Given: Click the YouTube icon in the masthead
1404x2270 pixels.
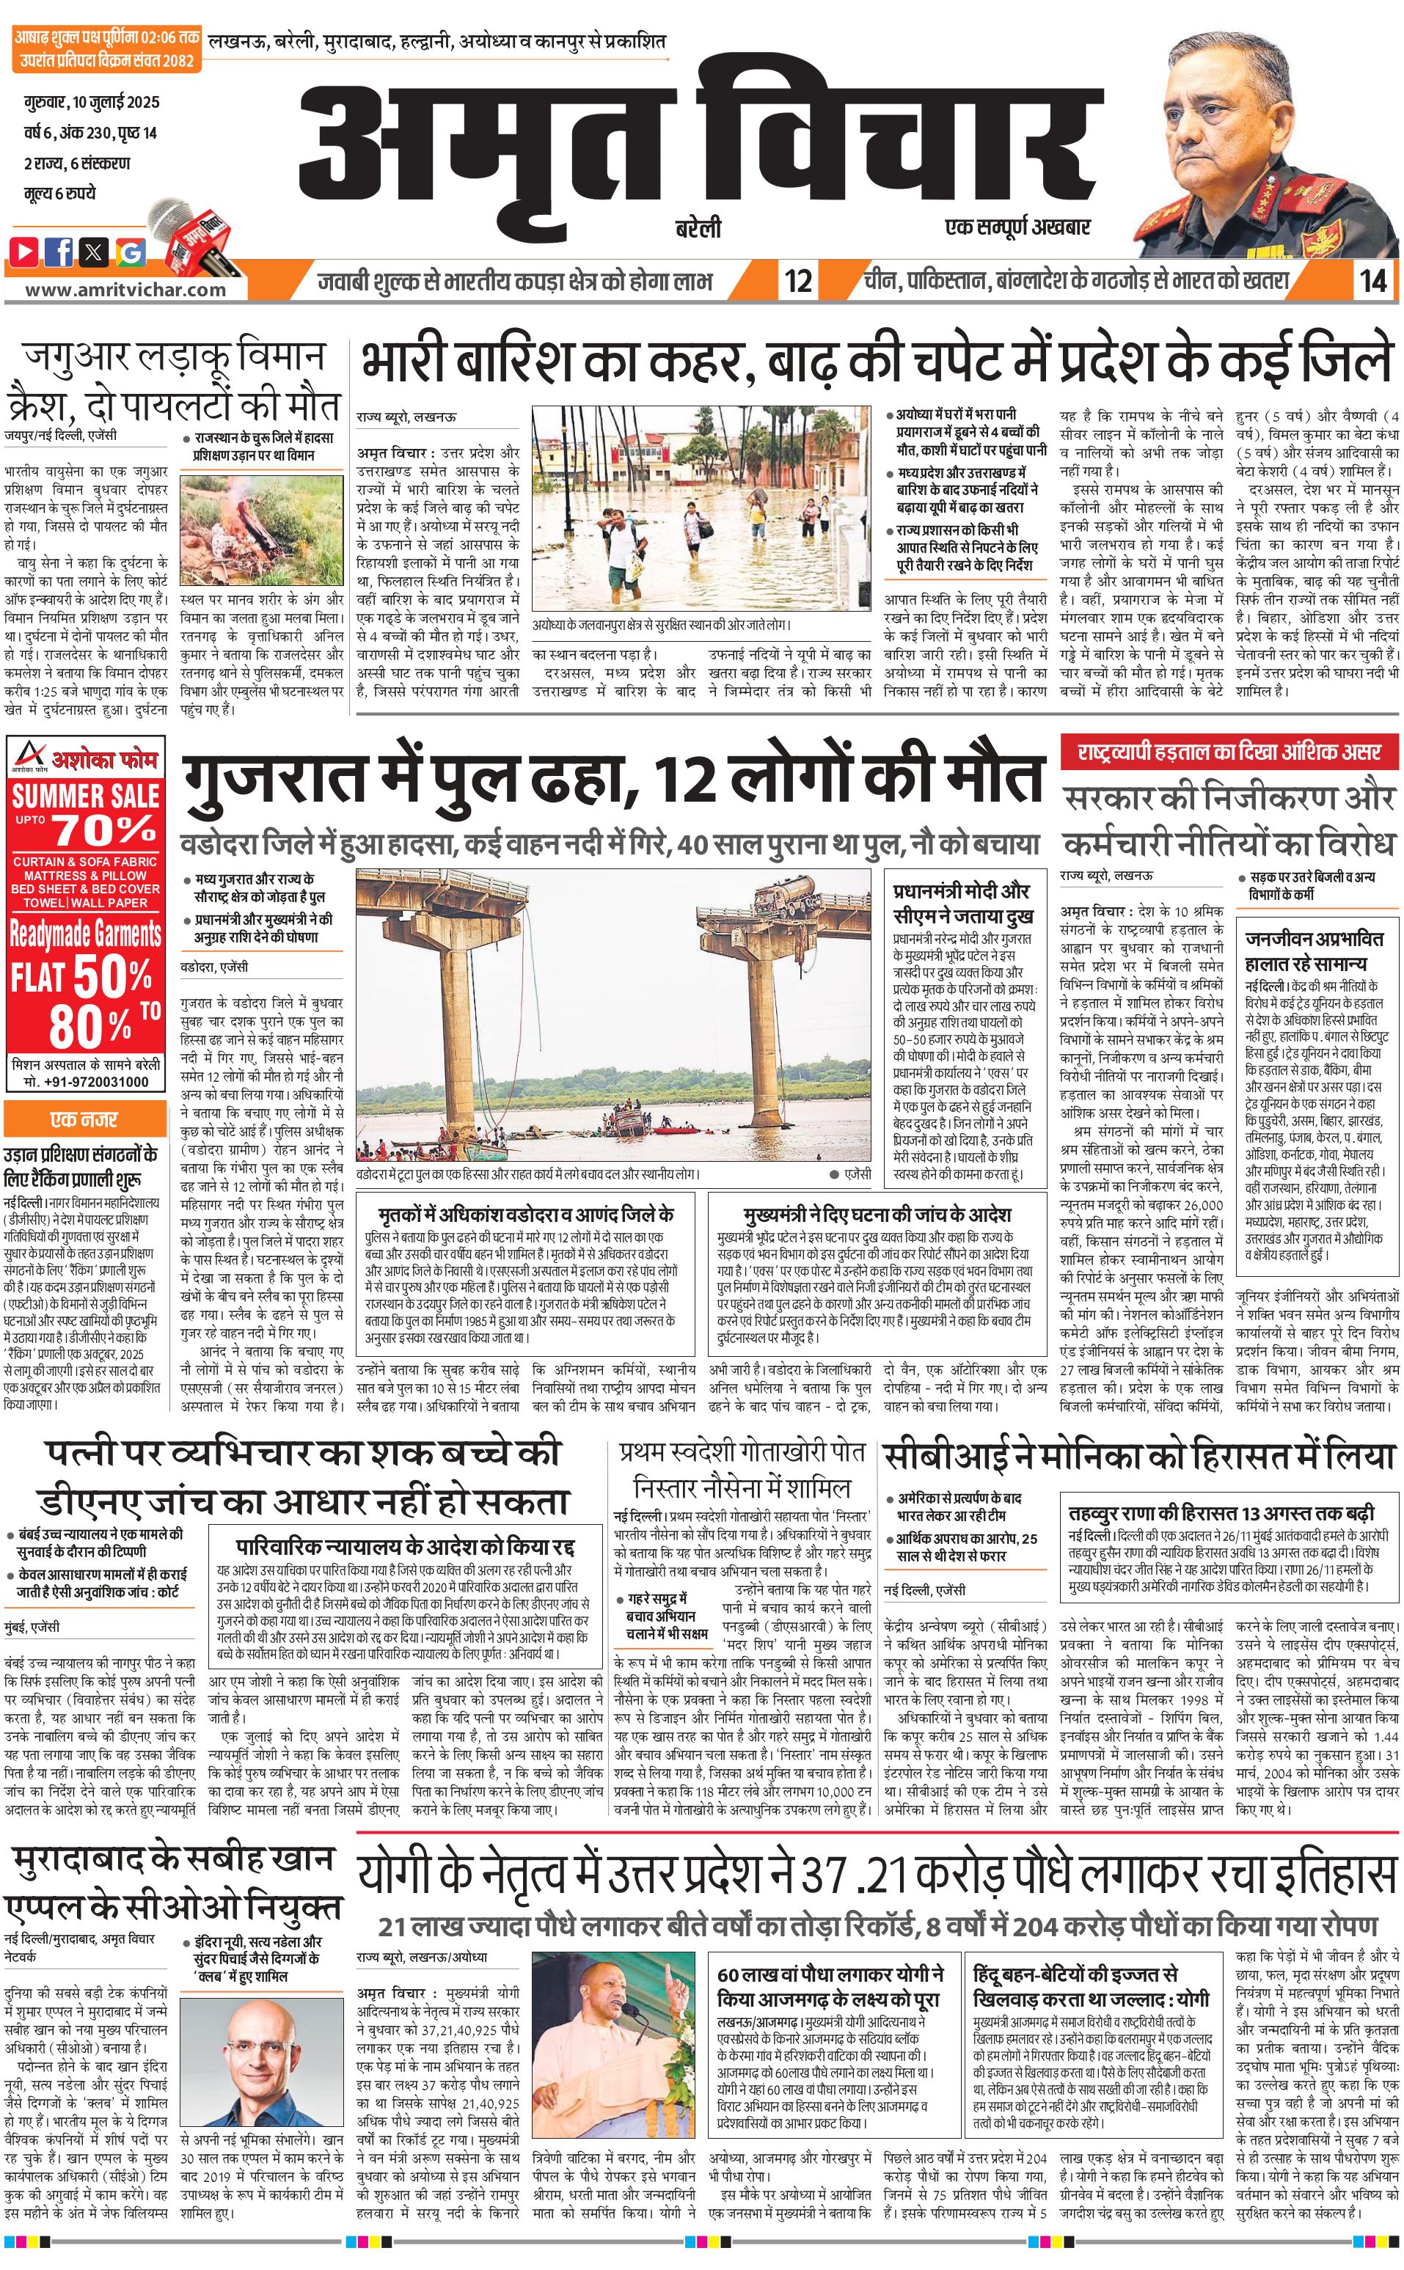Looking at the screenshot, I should click(25, 252).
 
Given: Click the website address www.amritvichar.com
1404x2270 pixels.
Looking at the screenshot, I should click(125, 289).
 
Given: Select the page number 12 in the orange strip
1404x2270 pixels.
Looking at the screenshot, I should click(797, 279).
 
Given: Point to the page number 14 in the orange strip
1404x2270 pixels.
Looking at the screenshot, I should click(1372, 279).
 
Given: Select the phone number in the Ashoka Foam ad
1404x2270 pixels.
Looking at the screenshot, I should click(85, 1082).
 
